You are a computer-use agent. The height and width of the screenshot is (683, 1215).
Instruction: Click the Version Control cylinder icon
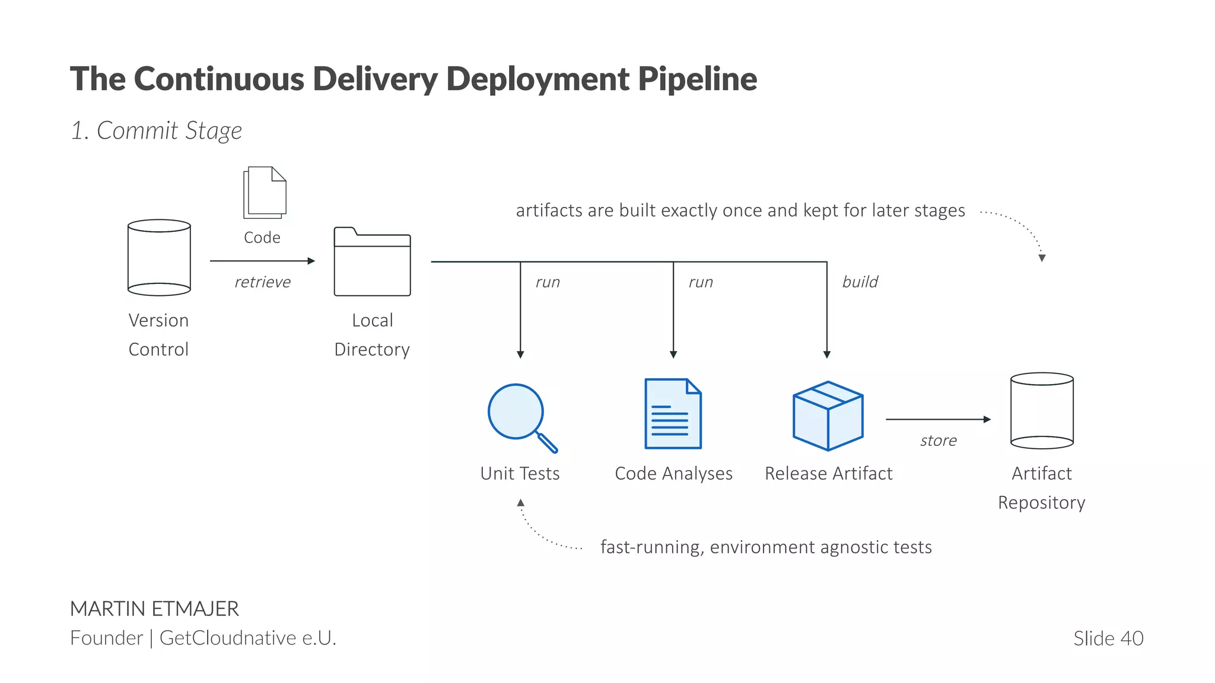pyautogui.click(x=159, y=258)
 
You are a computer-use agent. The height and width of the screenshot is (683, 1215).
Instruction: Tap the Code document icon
pyautogui.click(x=265, y=193)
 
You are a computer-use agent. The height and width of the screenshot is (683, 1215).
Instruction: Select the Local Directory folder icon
pyautogui.click(x=372, y=262)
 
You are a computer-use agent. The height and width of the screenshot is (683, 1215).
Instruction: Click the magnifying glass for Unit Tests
pyautogui.click(x=518, y=414)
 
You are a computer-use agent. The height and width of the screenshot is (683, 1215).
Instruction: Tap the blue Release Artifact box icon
pyautogui.click(x=828, y=416)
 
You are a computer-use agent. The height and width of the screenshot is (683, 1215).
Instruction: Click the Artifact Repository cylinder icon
pyautogui.click(x=1042, y=411)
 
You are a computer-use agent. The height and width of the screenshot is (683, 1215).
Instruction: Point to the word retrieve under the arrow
pyautogui.click(x=262, y=282)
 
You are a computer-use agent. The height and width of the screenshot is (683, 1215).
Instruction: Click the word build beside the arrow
pyautogui.click(x=860, y=282)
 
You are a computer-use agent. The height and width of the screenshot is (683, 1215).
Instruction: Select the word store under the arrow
pyautogui.click(x=938, y=441)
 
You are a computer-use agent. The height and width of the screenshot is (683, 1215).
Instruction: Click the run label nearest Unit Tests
pyautogui.click(x=548, y=282)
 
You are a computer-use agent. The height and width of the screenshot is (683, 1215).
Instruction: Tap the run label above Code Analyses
pyautogui.click(x=701, y=282)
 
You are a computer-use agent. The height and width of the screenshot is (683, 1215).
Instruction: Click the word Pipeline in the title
pyautogui.click(x=698, y=79)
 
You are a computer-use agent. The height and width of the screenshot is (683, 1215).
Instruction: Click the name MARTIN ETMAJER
pyautogui.click(x=154, y=609)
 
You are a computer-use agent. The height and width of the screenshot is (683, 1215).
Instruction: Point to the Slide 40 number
pyautogui.click(x=1108, y=639)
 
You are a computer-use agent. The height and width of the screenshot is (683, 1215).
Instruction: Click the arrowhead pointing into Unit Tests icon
pyautogui.click(x=520, y=355)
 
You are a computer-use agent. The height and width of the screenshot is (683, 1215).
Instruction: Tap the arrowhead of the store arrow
pyautogui.click(x=987, y=419)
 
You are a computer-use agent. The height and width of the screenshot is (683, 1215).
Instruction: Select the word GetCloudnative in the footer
pyautogui.click(x=228, y=638)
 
